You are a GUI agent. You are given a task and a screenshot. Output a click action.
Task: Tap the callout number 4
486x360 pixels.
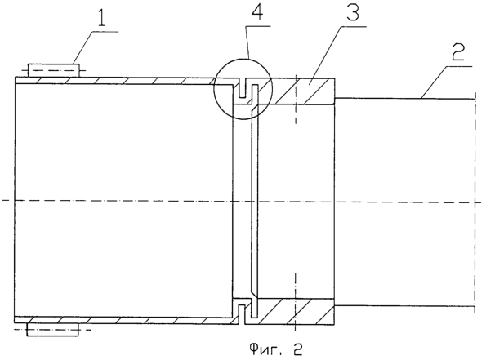coord(258,11)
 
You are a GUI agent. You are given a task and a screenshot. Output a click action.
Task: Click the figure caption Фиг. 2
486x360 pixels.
coord(276,349)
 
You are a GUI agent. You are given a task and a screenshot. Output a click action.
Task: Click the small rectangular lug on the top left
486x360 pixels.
coord(54,70)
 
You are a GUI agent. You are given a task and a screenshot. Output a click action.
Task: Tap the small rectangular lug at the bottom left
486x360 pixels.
coord(52,330)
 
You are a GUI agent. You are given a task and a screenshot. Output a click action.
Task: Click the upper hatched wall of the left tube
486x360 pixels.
coord(124,80)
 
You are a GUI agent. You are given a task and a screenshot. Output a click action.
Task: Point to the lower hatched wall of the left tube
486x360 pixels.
coord(124,320)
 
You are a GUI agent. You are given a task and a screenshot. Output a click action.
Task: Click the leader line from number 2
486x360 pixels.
coord(446,82)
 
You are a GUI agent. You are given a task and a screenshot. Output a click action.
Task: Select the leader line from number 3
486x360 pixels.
coord(337,55)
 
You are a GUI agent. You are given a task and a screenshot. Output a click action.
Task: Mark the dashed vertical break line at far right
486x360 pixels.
coord(474,202)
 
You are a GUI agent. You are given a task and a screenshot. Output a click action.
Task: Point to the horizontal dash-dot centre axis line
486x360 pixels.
coord(242,202)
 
